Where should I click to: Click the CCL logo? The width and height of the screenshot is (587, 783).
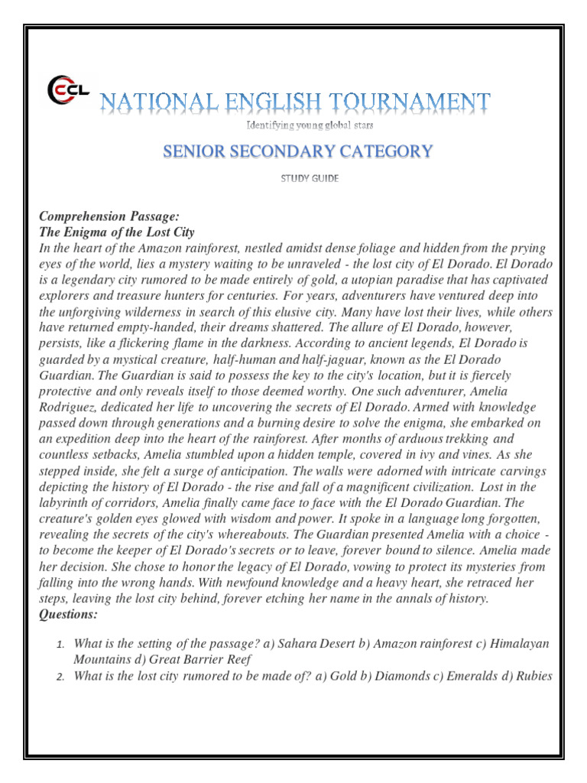67,90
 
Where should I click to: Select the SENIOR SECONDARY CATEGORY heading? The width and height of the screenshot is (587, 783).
297,151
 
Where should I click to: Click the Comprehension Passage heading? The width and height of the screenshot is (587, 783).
109,217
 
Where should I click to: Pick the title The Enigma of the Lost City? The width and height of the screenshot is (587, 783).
116,232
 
